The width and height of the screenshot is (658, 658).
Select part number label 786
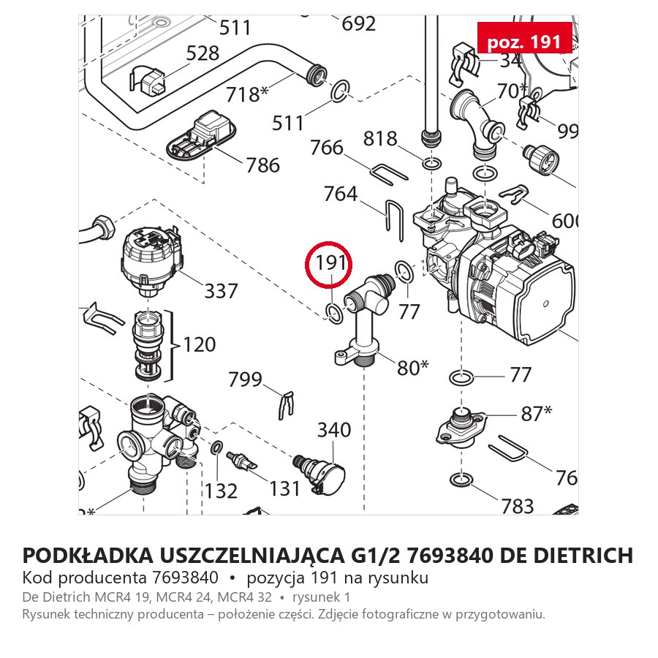[262, 165]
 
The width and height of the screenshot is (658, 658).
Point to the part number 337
[221, 291]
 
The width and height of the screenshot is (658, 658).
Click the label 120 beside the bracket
[199, 344]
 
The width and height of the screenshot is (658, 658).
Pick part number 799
[245, 379]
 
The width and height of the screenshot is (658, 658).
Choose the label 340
[334, 430]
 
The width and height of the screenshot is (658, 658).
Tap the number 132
[221, 491]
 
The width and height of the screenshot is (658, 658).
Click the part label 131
[284, 488]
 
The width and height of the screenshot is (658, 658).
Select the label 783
[518, 506]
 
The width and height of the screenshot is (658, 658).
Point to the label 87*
[537, 413]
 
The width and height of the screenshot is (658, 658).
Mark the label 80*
[413, 368]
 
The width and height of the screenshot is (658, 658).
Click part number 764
[340, 194]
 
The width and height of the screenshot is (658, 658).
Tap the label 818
[380, 138]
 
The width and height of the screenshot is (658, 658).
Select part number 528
[203, 53]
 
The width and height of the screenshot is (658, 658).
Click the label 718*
[247, 94]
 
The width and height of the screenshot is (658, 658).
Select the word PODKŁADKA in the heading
[88, 555]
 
